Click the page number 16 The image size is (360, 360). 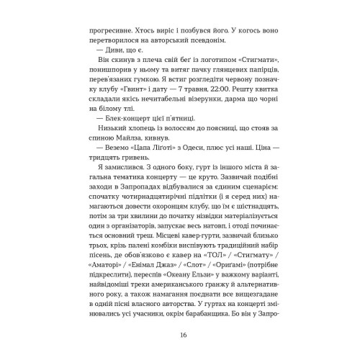pyautogui.click(x=180, y=334)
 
